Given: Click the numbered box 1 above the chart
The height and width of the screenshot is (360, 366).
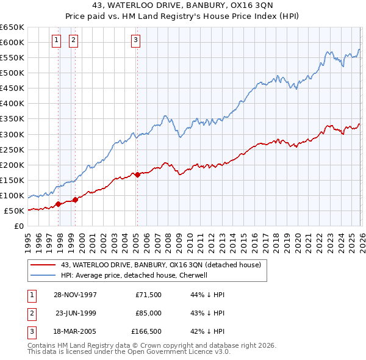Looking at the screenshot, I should (x=56, y=41).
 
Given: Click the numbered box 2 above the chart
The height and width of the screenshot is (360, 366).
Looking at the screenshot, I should (x=73, y=41).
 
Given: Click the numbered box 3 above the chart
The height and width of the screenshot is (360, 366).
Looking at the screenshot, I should (x=135, y=41).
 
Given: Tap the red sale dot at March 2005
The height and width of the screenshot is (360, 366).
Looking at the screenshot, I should (x=137, y=175).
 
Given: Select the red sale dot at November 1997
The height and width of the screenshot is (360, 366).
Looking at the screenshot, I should (x=59, y=204).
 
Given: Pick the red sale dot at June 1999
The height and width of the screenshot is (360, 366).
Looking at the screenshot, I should (x=75, y=200).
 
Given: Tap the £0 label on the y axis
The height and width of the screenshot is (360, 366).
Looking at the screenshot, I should (x=18, y=226).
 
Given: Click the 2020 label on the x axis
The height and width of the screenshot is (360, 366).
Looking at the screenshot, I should (x=296, y=238).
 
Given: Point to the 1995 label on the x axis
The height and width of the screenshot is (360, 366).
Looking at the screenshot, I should (x=27, y=238).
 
